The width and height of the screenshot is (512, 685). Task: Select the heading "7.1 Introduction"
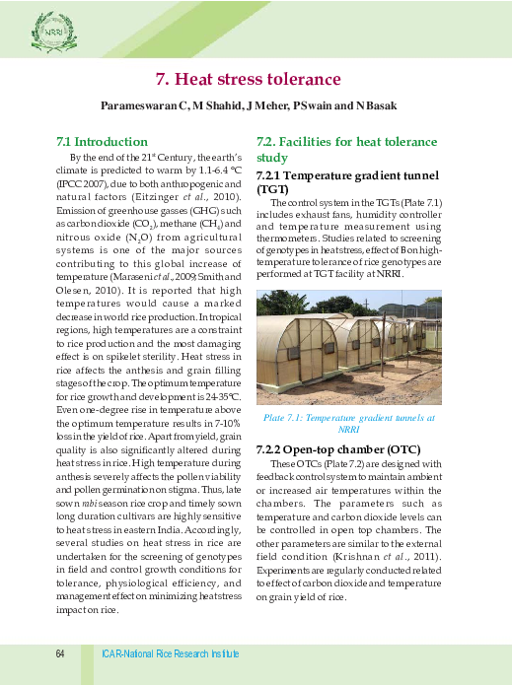click(x=96, y=142)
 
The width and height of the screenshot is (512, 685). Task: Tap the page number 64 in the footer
click(x=60, y=654)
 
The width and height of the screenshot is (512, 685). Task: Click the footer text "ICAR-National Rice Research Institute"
click(x=170, y=654)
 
